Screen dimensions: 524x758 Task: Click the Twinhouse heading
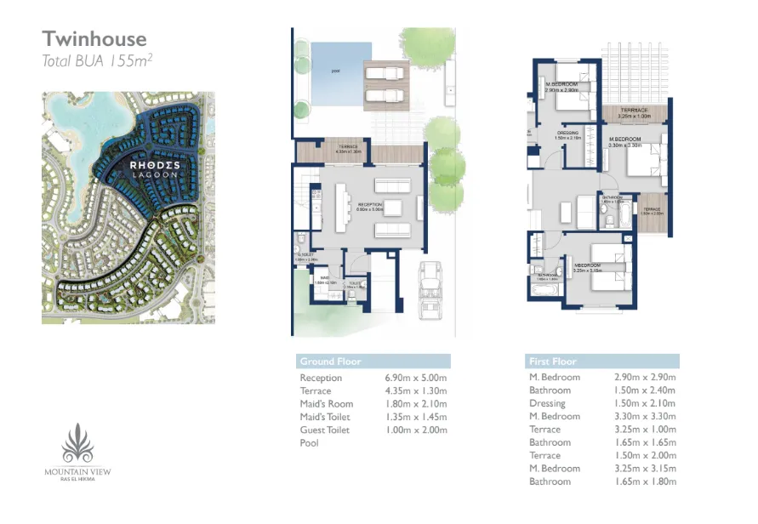tap(94, 38)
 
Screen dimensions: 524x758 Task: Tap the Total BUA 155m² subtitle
tap(97, 60)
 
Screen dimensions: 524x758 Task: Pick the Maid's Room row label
tap(326, 404)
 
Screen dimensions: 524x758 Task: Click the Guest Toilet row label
tap(326, 430)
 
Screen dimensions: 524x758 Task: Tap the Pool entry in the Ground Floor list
tap(309, 443)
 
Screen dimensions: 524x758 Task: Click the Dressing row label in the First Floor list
tap(547, 403)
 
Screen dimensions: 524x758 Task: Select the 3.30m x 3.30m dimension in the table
tap(645, 417)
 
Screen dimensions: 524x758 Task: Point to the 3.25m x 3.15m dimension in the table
tap(645, 469)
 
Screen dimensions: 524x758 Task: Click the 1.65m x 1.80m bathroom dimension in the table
tap(645, 481)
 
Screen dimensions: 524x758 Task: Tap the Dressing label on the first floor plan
tap(569, 133)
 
